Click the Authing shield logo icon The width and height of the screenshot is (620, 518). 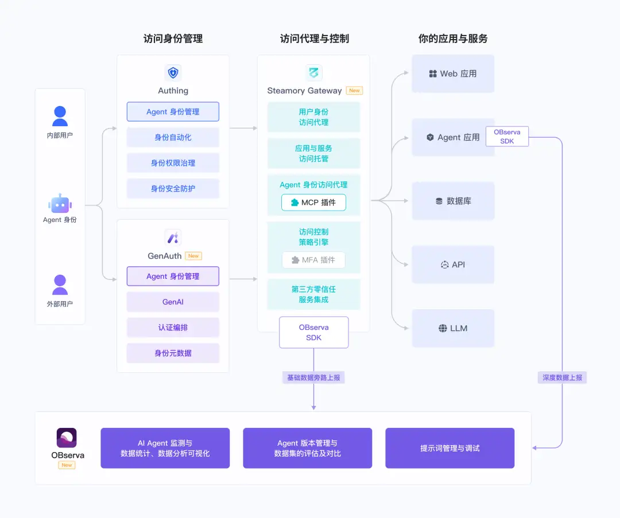click(x=173, y=73)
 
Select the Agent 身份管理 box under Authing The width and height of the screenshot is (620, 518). click(x=173, y=112)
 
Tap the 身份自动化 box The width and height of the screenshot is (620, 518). click(x=173, y=137)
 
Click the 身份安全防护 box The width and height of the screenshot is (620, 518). click(x=173, y=189)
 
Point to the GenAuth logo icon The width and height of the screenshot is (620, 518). click(x=173, y=238)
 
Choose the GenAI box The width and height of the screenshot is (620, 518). click(x=173, y=302)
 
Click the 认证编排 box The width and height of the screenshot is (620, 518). click(x=173, y=328)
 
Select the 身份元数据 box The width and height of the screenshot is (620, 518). click(x=173, y=353)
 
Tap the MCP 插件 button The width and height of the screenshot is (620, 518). click(x=313, y=202)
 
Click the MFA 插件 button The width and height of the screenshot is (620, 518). click(x=313, y=260)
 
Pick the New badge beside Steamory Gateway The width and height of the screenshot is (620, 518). click(x=354, y=91)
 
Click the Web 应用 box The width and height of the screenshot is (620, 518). click(x=453, y=74)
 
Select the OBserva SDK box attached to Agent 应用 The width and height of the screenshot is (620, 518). click(x=507, y=137)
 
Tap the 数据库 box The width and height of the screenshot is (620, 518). click(x=453, y=201)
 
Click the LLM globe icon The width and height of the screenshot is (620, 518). click(x=443, y=328)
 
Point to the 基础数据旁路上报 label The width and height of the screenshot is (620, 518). click(x=313, y=377)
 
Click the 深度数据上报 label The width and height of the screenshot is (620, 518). click(x=562, y=377)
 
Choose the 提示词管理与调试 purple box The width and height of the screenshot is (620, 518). click(x=450, y=448)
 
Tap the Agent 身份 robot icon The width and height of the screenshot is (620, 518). click(x=60, y=204)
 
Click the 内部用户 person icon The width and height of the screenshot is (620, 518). click(x=60, y=116)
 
